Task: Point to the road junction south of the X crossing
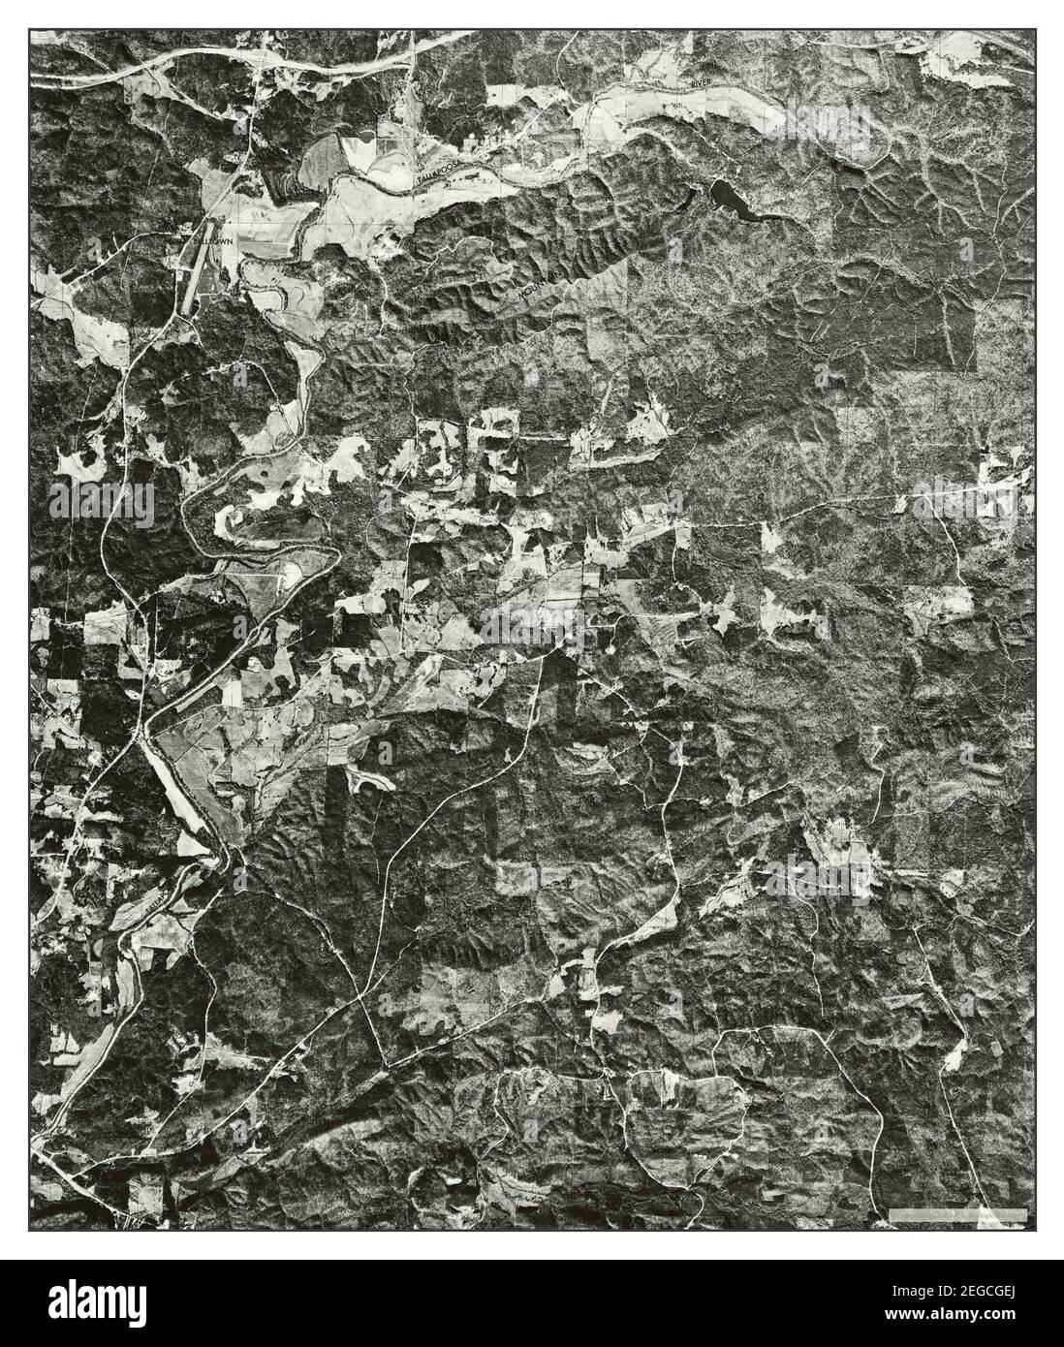pos(387,1067)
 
